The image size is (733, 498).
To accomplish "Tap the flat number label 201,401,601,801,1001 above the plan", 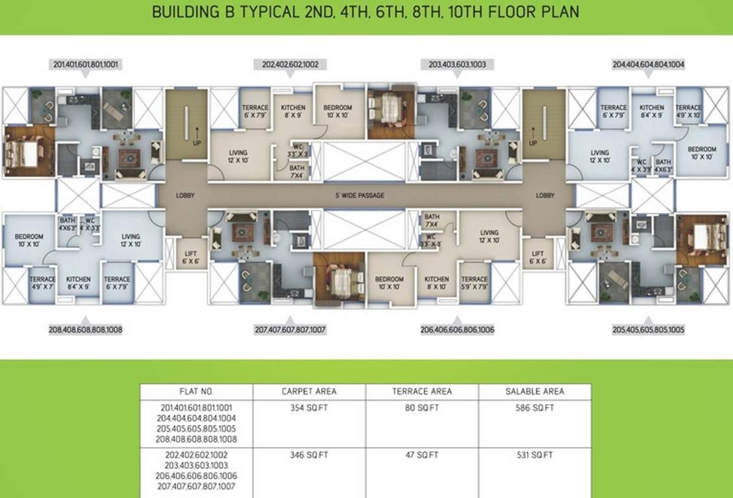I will pos(86,64).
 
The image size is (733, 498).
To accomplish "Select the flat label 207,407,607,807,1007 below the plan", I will pos(290,329).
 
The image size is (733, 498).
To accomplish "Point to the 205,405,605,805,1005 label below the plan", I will pos(647,329).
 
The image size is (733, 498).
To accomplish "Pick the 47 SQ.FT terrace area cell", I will pos(422,455).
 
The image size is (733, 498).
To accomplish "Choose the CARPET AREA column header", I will pos(309,391).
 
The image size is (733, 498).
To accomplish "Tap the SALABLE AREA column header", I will pos(535,391).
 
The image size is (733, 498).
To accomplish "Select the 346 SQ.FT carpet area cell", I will pos(309,455).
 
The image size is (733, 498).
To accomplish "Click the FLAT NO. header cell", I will pos(196,391).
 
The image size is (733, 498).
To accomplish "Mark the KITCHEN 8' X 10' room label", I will pos(436,283).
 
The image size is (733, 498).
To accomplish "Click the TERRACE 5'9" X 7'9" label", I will pos(475,283).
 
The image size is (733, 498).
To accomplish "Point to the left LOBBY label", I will pos(185,195).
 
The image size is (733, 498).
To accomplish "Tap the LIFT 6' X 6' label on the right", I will pos(538,257).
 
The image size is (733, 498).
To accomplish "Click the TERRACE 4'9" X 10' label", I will pos(688,112).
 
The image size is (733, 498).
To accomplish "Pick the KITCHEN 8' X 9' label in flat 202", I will pos(293,112).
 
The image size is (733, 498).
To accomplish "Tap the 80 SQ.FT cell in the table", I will pos(422,408).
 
